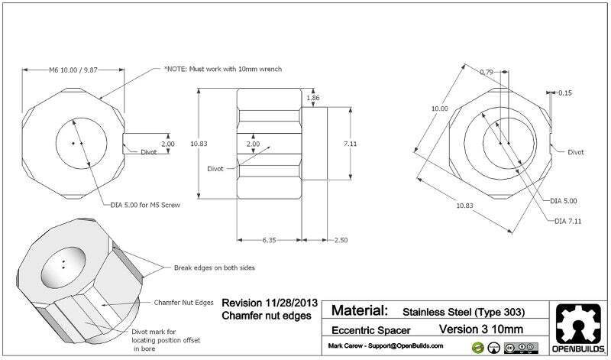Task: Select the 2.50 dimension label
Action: coord(340,241)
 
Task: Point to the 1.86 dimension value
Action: coord(313,99)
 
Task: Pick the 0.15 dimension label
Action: coord(564,93)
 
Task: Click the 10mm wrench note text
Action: coord(222,70)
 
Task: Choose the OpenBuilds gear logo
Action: coord(579,325)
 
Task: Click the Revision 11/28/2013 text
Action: coord(267,302)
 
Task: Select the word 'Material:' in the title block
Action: coord(360,311)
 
